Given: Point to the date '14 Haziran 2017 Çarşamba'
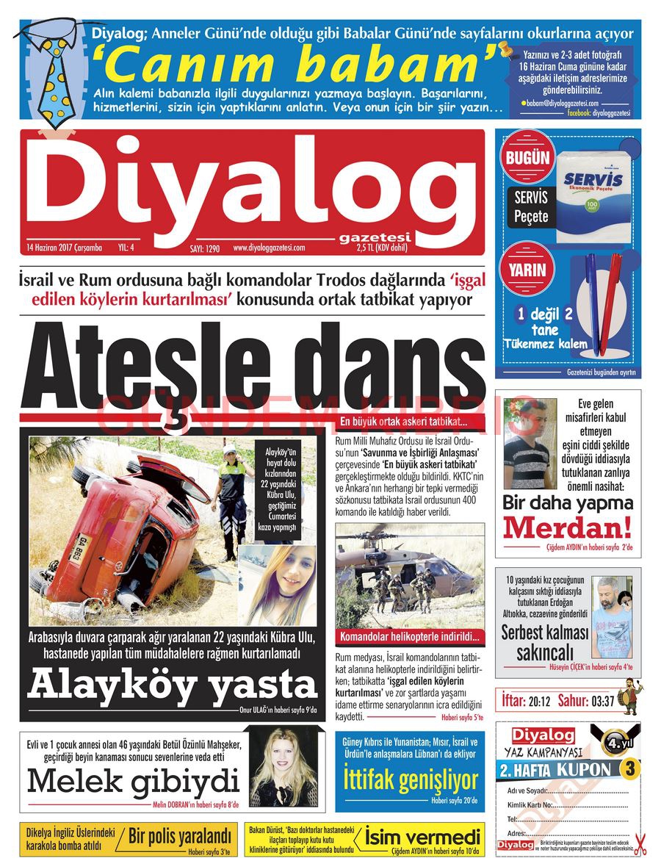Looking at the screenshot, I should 63,248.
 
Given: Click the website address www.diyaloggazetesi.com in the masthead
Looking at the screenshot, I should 269,248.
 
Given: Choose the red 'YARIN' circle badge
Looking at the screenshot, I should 527,270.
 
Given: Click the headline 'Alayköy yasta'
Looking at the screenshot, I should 172,685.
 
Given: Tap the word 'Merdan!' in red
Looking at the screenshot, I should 567,527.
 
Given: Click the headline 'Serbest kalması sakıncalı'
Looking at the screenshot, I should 545,642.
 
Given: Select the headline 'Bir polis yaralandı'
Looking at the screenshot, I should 179,835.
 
